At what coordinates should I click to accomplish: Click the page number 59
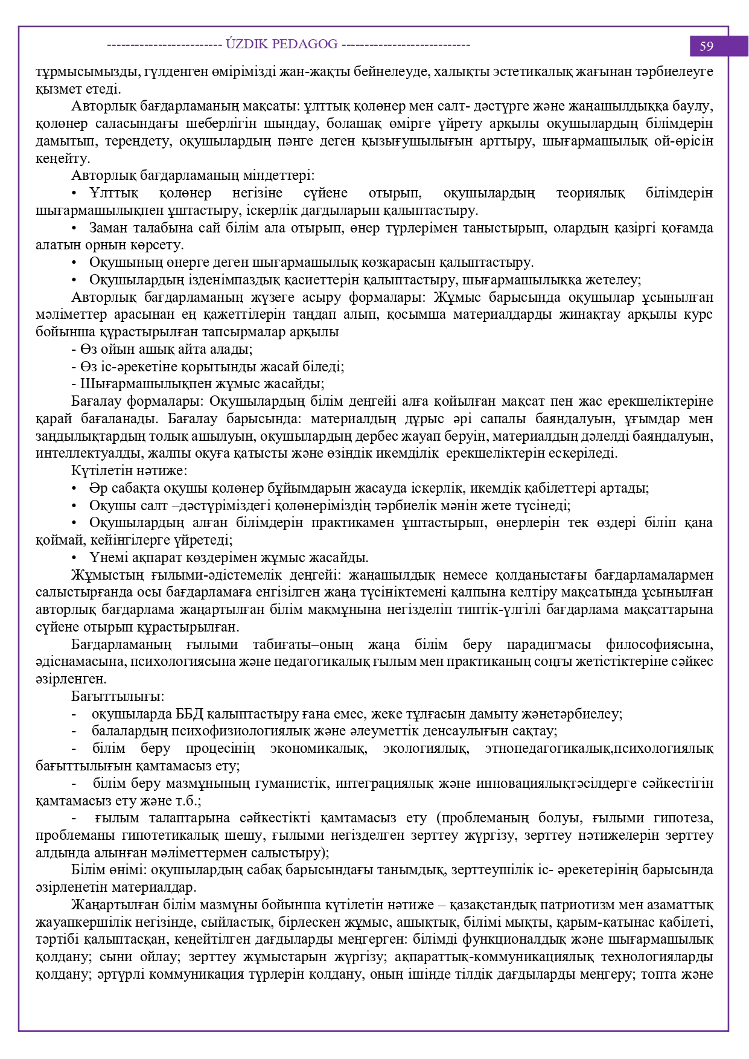(707, 46)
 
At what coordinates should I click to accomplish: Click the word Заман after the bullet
(109, 228)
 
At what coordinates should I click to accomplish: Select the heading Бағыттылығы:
(118, 697)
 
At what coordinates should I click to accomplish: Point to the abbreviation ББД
(190, 714)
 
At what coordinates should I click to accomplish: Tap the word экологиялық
(425, 749)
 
